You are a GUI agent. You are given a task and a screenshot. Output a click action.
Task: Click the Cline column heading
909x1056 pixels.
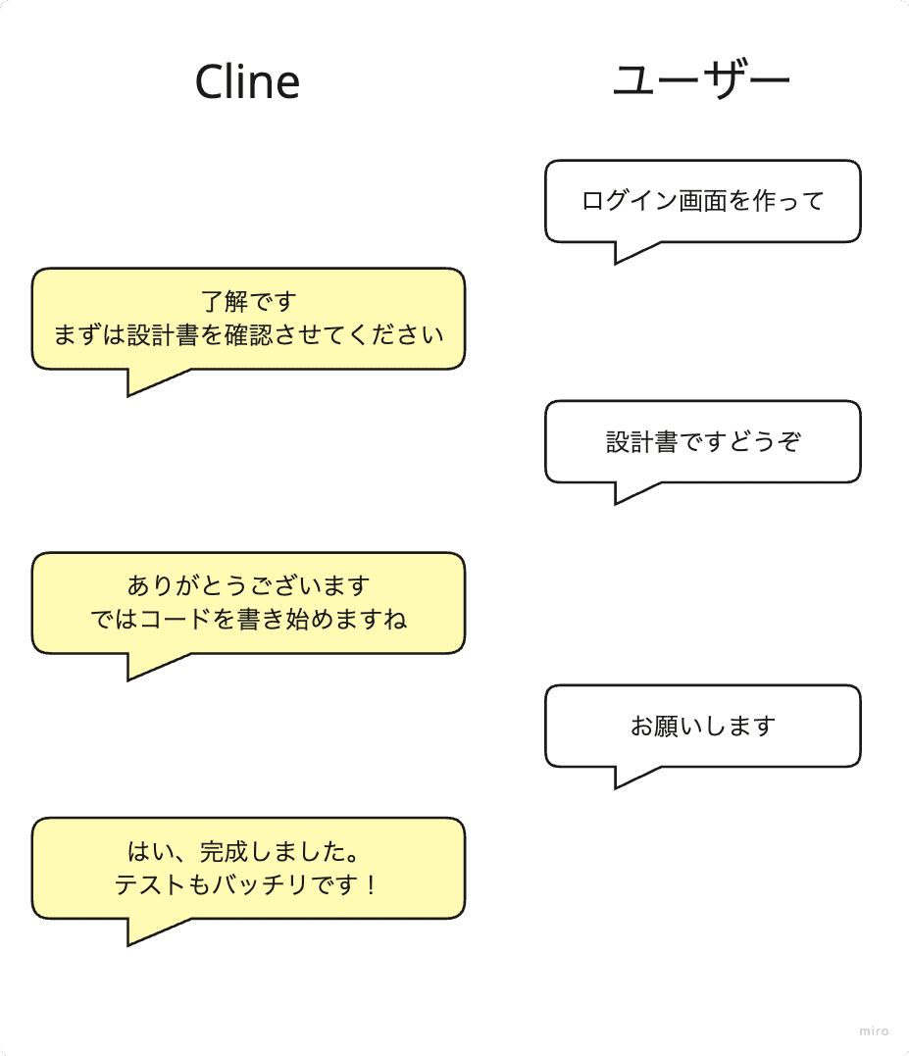click(247, 82)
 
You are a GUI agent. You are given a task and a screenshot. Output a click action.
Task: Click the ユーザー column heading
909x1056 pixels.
click(701, 80)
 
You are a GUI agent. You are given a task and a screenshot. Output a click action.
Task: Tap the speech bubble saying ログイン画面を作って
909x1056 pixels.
click(702, 201)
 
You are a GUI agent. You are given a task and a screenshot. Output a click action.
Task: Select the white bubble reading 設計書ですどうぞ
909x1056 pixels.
click(702, 441)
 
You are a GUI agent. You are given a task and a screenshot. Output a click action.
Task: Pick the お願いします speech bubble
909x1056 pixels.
click(702, 726)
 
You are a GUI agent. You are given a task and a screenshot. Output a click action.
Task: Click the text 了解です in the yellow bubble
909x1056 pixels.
click(248, 301)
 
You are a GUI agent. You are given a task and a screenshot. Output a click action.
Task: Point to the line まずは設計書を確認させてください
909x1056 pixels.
click(248, 335)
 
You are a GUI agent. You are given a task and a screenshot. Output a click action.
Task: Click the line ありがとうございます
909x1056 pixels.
click(248, 585)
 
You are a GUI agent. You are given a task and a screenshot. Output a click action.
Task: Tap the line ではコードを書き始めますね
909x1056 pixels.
click(248, 620)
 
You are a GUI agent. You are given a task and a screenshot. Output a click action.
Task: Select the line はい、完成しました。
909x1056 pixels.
click(248, 850)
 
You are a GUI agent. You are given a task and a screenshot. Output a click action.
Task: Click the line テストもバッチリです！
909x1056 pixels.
click(248, 884)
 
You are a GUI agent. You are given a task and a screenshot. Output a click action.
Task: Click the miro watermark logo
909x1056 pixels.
click(874, 1031)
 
